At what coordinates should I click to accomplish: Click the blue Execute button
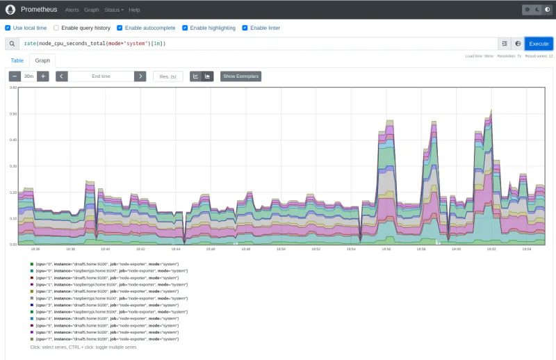(539, 43)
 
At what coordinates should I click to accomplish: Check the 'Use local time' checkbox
(8, 28)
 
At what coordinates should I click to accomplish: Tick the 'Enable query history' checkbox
(56, 28)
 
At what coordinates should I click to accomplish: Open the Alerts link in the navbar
(72, 10)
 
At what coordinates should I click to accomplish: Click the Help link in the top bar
(134, 10)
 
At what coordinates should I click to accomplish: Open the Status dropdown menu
(113, 10)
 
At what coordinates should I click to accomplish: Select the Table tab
(17, 60)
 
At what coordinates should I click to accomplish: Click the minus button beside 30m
(15, 76)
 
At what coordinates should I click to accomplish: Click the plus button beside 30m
(43, 76)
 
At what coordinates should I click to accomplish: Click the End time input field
(101, 76)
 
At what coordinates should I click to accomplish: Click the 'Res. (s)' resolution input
(167, 76)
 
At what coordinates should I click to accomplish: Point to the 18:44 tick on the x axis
(176, 248)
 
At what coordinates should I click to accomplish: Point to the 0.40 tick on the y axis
(13, 140)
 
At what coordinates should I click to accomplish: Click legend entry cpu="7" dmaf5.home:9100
(104, 338)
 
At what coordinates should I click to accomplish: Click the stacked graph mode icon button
(207, 76)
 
